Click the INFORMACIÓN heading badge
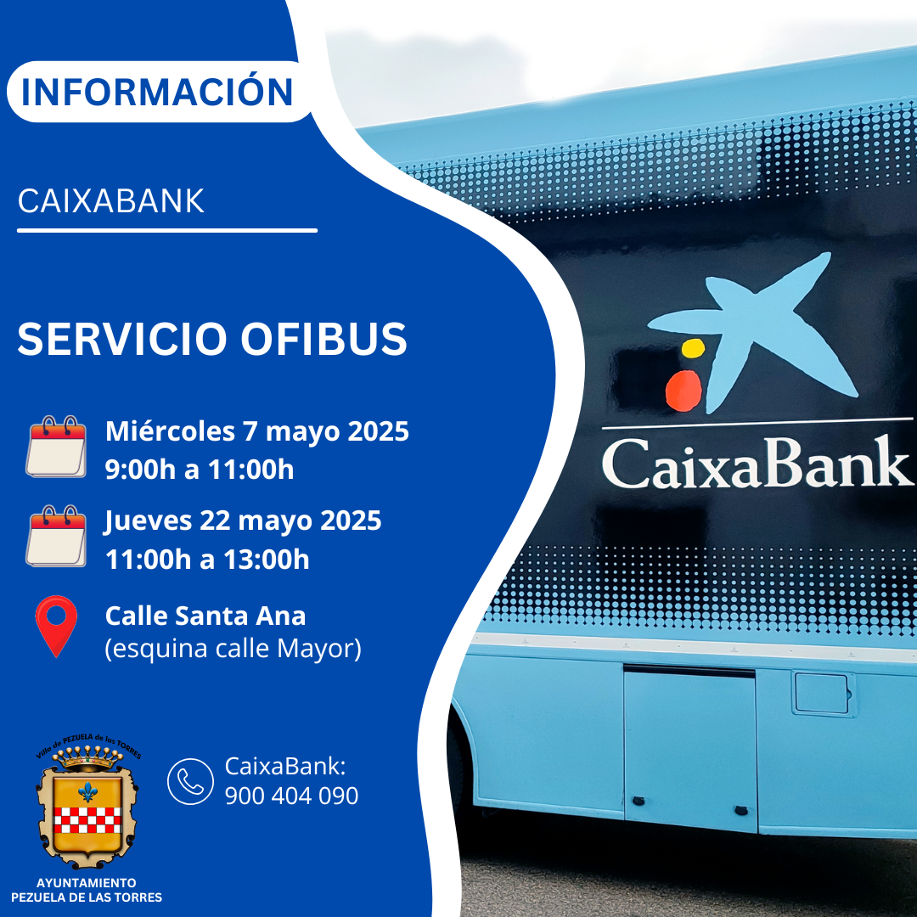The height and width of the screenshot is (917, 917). [x=159, y=92]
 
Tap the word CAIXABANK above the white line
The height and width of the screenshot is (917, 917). [x=111, y=201]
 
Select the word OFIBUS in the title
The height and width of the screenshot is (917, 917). [x=323, y=339]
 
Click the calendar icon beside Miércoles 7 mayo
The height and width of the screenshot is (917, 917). [x=56, y=447]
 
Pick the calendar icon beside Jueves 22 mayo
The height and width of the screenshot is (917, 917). [x=56, y=536]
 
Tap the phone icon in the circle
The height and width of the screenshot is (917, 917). [x=191, y=781]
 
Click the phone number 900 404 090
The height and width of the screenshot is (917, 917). [x=291, y=796]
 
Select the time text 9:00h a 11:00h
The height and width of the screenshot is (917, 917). [x=200, y=470]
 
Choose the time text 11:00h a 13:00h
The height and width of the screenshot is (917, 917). [x=207, y=560]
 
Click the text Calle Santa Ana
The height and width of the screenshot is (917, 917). [x=205, y=616]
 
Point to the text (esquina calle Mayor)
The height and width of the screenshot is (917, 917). [x=233, y=649]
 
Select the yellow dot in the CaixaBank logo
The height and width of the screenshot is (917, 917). [x=693, y=348]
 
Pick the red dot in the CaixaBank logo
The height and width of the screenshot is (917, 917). [x=684, y=390]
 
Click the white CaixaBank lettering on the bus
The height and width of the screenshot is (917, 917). [x=757, y=464]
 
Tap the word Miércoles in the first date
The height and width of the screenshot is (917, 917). [x=170, y=431]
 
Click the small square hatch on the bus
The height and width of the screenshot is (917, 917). [x=822, y=693]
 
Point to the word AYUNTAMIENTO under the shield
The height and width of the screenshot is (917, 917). [x=87, y=883]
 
